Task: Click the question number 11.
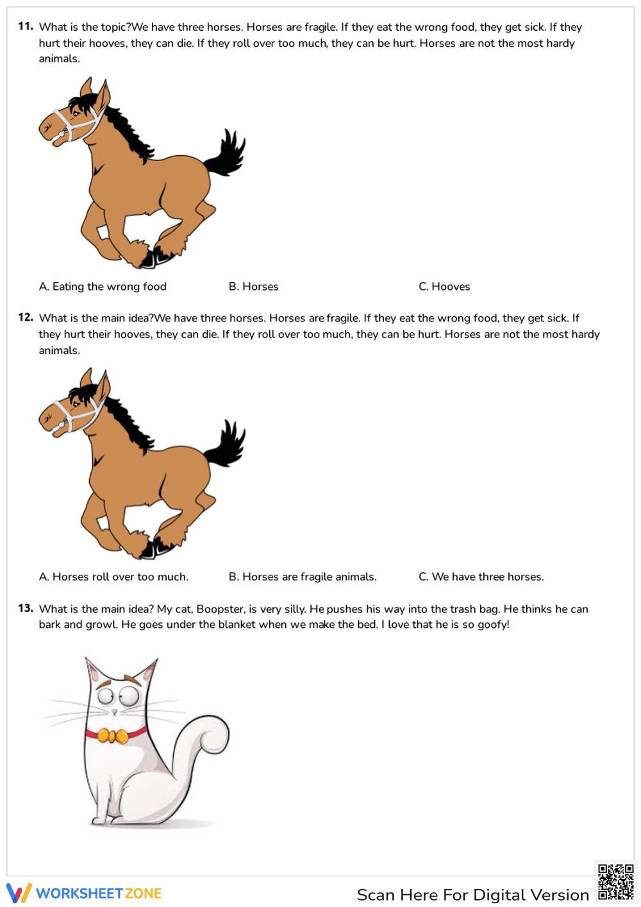[25, 26]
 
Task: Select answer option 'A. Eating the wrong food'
[103, 287]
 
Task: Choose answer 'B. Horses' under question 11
[253, 287]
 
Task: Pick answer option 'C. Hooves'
[444, 287]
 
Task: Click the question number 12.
[25, 317]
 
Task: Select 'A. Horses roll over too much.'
[113, 577]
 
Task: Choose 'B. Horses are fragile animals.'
[303, 577]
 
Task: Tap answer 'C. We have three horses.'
[481, 577]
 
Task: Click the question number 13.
[25, 608]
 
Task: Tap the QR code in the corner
[615, 882]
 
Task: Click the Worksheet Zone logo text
[99, 894]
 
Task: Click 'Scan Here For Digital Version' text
[472, 895]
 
